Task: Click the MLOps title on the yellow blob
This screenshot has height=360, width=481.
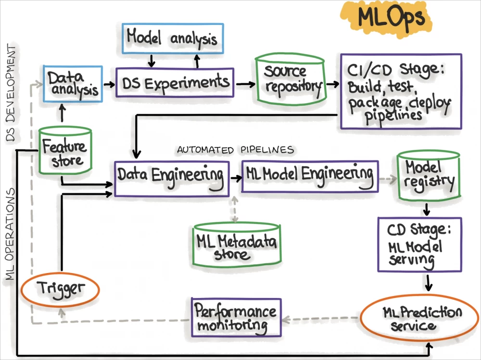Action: tap(391, 18)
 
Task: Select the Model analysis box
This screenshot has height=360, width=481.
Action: tap(172, 38)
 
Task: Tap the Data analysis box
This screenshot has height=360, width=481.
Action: tap(73, 83)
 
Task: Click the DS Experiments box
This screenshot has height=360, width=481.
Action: tap(175, 83)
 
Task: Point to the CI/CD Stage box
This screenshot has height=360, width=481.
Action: tap(401, 91)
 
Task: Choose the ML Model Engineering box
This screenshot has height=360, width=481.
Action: tap(309, 176)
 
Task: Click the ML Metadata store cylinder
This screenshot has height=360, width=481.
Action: tap(237, 245)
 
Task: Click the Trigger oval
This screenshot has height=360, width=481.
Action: tap(60, 289)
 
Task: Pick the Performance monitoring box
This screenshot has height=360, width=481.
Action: tap(236, 317)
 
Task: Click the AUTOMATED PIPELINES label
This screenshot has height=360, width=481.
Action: tap(235, 150)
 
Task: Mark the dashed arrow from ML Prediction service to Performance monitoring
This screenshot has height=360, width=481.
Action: tap(321, 318)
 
